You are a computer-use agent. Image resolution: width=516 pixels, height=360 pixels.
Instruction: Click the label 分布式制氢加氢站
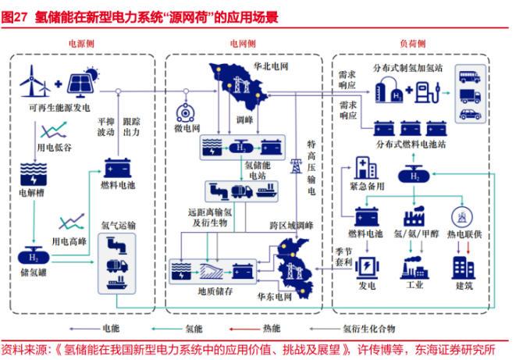(x=408, y=67)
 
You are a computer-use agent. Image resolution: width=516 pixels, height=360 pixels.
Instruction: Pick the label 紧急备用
(x=365, y=187)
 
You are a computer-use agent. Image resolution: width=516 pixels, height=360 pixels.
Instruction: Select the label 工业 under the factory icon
(x=413, y=286)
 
